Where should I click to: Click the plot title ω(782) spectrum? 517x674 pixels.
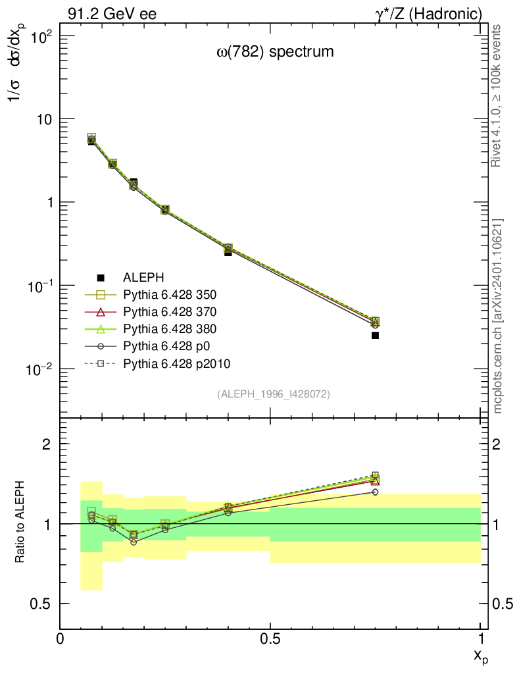[x=275, y=52]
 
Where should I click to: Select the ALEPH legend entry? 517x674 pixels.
[x=143, y=278]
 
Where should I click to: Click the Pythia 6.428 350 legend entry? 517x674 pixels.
[x=170, y=295]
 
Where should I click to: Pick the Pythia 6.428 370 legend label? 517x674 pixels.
[x=170, y=312]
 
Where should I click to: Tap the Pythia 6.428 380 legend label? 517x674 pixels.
[x=170, y=329]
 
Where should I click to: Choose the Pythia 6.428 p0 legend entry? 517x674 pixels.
[x=166, y=346]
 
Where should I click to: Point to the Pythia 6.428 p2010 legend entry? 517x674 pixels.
[x=177, y=364]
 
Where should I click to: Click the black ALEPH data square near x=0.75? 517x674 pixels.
[x=375, y=335]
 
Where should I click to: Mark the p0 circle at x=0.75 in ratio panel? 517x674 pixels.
[x=375, y=492]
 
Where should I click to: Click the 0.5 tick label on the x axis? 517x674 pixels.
[x=270, y=638]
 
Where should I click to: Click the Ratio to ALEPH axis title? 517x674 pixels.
[x=20, y=522]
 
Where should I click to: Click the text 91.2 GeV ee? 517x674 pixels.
[x=112, y=14]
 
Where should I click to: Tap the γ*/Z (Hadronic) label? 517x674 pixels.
[x=429, y=14]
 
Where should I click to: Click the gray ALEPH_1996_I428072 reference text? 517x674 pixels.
[x=274, y=394]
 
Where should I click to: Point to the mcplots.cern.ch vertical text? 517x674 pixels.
[x=497, y=317]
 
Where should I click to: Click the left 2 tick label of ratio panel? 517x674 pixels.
[x=47, y=444]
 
